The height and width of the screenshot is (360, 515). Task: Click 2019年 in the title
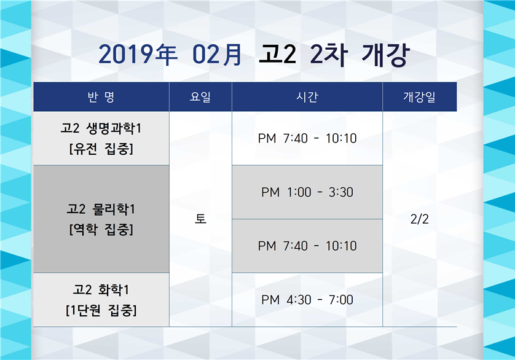click(x=138, y=55)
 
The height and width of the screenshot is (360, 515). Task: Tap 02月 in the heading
click(x=217, y=55)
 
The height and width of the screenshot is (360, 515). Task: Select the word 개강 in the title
click(x=385, y=55)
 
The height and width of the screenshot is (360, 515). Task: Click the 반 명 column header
click(x=101, y=97)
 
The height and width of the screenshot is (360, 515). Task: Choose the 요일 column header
click(x=200, y=97)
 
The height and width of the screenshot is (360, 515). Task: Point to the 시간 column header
click(x=307, y=97)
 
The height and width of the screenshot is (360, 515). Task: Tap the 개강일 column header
click(x=419, y=97)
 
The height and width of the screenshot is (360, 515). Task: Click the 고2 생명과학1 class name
click(x=101, y=128)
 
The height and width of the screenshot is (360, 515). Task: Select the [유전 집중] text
click(x=101, y=149)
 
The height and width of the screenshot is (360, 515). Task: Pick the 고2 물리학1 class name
click(x=101, y=209)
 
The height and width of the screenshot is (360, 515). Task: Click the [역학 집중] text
click(x=101, y=230)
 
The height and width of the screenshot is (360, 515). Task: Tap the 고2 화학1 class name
click(x=101, y=290)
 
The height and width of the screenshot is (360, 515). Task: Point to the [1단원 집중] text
click(x=101, y=310)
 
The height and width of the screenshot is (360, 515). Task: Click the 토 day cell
click(x=200, y=219)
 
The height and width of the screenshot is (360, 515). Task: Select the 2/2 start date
click(x=419, y=219)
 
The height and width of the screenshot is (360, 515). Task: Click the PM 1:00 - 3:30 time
click(x=307, y=192)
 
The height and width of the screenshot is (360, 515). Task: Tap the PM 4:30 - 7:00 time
click(x=307, y=300)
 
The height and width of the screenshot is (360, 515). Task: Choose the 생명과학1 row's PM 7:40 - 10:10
click(x=307, y=138)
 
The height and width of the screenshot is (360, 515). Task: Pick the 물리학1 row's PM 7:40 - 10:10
click(x=307, y=246)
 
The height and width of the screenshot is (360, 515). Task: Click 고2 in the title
click(x=278, y=54)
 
